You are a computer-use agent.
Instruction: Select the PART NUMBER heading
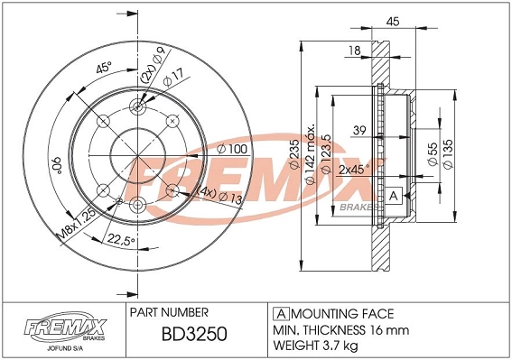click(171, 311)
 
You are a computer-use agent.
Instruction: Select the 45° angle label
click(105, 69)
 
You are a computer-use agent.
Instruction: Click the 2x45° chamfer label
click(356, 169)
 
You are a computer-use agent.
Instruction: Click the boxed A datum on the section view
click(394, 197)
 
